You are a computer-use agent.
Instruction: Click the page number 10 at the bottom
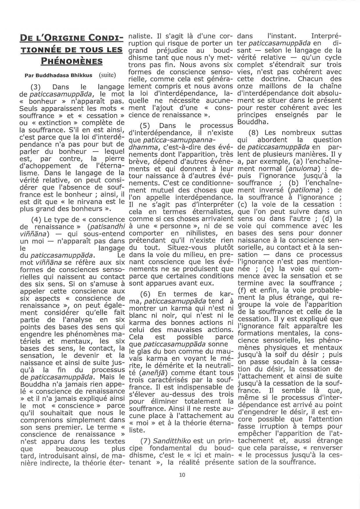tap(182, 475)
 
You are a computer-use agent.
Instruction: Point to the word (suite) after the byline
tap(107, 75)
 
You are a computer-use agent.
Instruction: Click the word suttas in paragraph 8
tap(329, 133)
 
